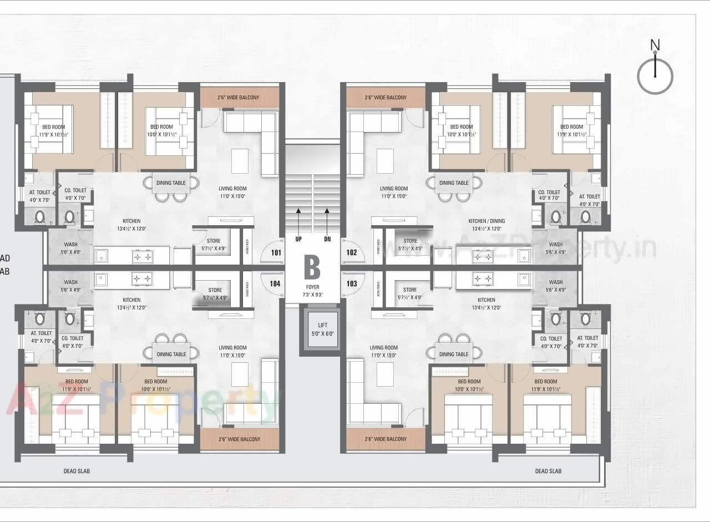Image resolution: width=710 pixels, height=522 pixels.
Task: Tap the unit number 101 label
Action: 275,252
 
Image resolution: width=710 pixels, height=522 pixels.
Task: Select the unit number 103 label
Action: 352,283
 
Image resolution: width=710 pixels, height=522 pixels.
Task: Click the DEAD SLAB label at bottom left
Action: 77,471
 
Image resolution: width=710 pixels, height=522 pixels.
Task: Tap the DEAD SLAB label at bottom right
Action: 548,471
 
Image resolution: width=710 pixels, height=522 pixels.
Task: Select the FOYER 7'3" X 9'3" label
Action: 312,291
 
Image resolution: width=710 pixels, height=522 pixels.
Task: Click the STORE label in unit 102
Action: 410,241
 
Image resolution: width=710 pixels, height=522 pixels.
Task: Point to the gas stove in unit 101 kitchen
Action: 142,257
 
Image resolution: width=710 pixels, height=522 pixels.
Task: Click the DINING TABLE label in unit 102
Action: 454,183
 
